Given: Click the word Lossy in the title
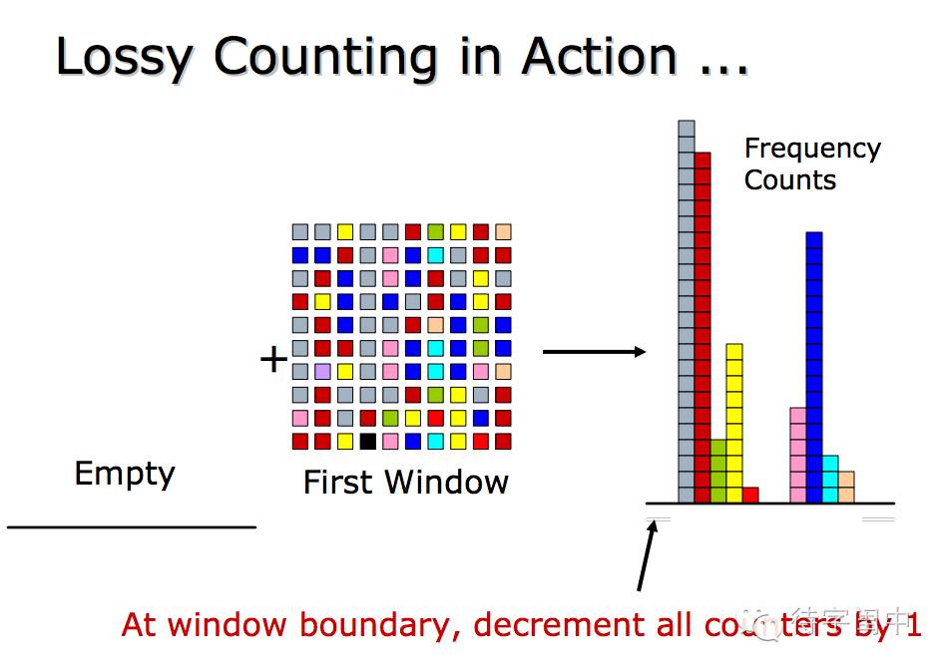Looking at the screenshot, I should coord(123,57).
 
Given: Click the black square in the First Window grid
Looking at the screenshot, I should coord(368,441).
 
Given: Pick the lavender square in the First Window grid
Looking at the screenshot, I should coord(322,371).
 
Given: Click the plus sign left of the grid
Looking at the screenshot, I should coord(273,359).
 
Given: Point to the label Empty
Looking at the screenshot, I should coord(125,474).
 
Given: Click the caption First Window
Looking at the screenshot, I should coord(405,483).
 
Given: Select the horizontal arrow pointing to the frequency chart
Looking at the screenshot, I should coord(594,351).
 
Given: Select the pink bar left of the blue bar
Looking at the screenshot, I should coord(798,455).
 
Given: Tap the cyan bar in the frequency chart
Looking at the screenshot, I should coord(830,479).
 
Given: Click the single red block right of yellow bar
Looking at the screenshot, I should coord(750,495).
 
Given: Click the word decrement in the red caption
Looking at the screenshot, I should coord(548,625).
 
